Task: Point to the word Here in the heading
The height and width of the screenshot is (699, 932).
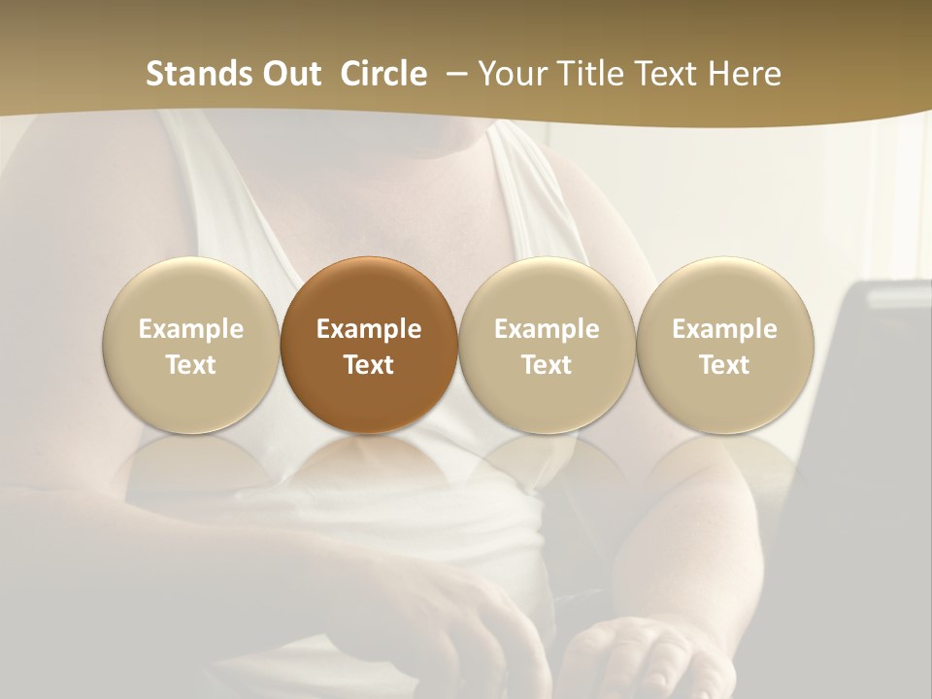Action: (x=746, y=74)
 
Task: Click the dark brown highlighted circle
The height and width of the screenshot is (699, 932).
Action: (x=369, y=345)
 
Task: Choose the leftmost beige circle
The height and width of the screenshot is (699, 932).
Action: (x=191, y=345)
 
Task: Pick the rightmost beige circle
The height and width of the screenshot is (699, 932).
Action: (x=724, y=345)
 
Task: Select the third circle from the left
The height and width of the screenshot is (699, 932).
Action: (x=547, y=345)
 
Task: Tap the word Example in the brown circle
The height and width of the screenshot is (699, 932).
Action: (x=369, y=329)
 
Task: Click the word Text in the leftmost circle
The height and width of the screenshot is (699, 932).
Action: (x=191, y=365)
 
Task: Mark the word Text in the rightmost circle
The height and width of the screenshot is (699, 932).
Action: (x=724, y=365)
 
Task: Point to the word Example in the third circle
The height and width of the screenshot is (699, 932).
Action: (x=547, y=329)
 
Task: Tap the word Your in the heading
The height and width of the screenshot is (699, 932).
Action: (x=512, y=74)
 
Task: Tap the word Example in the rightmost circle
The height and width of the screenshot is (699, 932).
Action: (x=724, y=329)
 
